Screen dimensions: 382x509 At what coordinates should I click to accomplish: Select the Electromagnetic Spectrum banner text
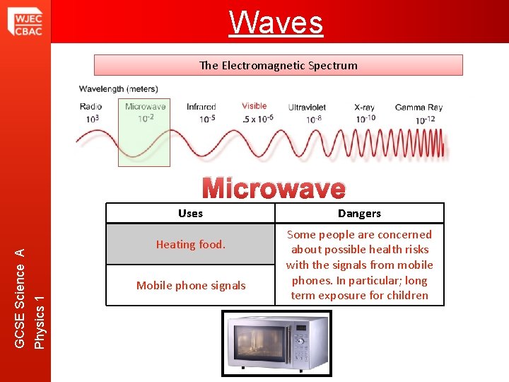pos(278,65)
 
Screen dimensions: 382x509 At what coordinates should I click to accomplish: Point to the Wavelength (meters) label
pos(118,89)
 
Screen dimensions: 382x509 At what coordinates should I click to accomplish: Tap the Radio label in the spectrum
pos(90,107)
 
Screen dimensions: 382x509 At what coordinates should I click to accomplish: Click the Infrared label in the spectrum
pos(201,107)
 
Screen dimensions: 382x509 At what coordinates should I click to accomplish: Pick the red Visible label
pos(254,106)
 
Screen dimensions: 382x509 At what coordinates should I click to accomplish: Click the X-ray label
pos(364,108)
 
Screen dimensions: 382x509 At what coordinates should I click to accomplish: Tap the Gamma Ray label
pos(419,108)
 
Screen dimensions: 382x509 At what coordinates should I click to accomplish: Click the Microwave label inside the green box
pos(145,107)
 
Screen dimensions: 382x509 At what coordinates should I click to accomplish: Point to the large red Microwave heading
pos(274,189)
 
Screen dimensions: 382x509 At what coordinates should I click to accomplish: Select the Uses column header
pos(190,214)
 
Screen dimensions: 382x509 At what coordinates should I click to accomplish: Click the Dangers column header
pos(359,214)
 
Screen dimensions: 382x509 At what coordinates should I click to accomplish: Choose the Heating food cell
pos(190,245)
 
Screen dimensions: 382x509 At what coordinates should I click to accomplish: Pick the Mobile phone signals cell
pos(191,286)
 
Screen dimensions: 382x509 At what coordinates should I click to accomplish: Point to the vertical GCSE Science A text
pos(21,298)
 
